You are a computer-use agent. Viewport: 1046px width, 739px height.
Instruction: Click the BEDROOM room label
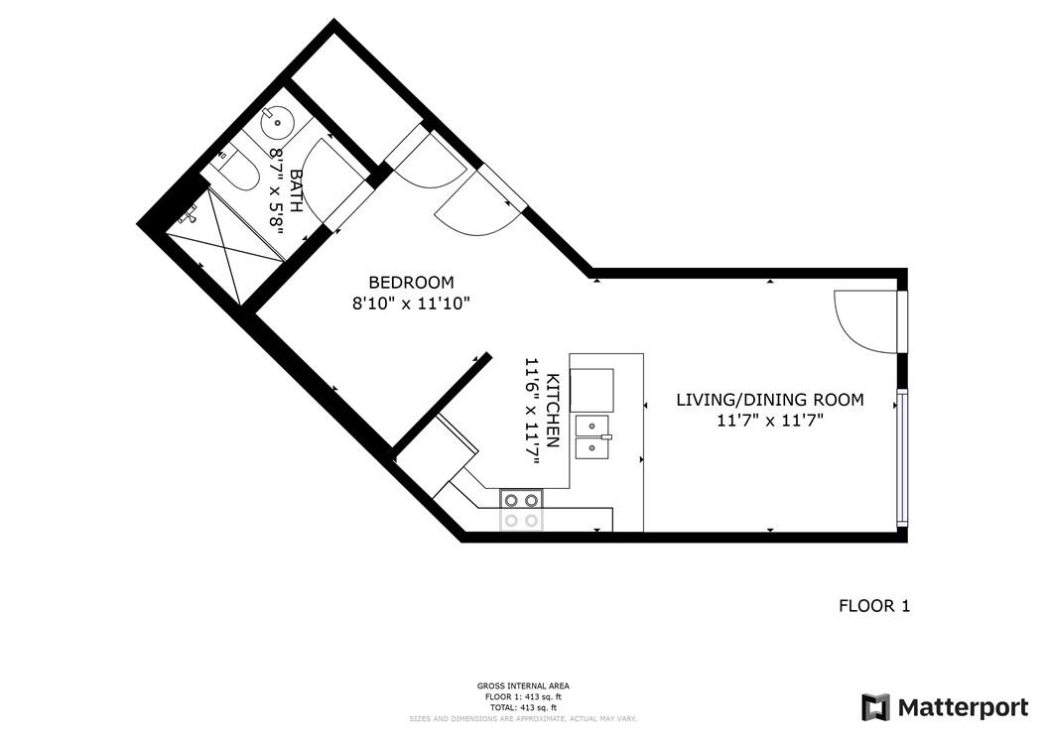(411, 282)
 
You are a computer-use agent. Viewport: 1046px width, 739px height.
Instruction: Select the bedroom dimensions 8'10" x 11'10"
(411, 304)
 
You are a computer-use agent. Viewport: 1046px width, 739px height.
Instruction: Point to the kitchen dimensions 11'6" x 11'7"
(532, 411)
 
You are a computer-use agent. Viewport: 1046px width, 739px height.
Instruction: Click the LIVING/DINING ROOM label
(769, 400)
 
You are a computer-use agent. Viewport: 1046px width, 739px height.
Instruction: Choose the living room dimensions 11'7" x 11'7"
(769, 421)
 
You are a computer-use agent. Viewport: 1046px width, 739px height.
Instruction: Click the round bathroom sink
(278, 124)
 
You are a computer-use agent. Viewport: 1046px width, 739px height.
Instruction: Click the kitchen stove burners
(521, 510)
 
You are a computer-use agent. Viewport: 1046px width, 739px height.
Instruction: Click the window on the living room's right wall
(901, 456)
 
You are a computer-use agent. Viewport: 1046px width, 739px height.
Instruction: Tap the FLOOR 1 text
(873, 605)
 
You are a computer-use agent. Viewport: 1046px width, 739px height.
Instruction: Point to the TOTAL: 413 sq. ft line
(522, 707)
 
